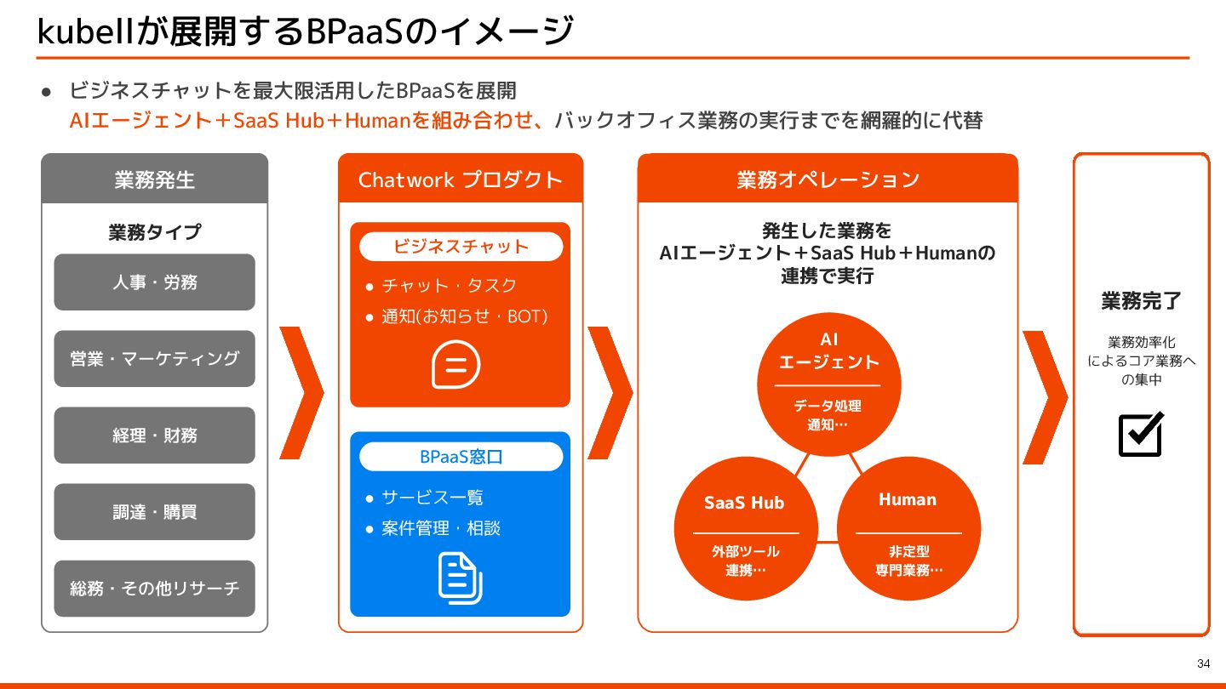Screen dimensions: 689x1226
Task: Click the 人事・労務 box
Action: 154,282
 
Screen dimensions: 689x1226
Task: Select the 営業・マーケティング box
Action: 154,359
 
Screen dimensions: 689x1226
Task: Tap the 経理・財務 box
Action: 154,436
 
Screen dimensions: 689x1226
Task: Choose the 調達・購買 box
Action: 154,512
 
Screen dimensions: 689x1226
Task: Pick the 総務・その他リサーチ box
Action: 154,589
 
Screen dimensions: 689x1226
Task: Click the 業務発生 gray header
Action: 154,179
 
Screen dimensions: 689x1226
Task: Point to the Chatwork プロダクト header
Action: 461,179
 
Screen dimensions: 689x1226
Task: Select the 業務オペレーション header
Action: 828,179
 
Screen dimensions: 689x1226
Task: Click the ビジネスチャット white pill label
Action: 461,247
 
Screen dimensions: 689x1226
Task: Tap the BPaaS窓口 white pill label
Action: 461,457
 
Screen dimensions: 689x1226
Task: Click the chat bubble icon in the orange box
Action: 456,365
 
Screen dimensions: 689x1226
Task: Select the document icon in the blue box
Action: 460,578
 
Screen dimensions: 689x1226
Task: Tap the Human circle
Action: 908,527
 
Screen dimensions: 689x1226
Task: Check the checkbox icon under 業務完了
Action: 1140,434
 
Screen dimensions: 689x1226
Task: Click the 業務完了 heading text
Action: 1141,301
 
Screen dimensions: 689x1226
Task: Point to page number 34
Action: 1203,663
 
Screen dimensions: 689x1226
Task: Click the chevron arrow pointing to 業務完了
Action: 1045,396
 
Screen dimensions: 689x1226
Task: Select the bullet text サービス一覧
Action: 433,498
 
